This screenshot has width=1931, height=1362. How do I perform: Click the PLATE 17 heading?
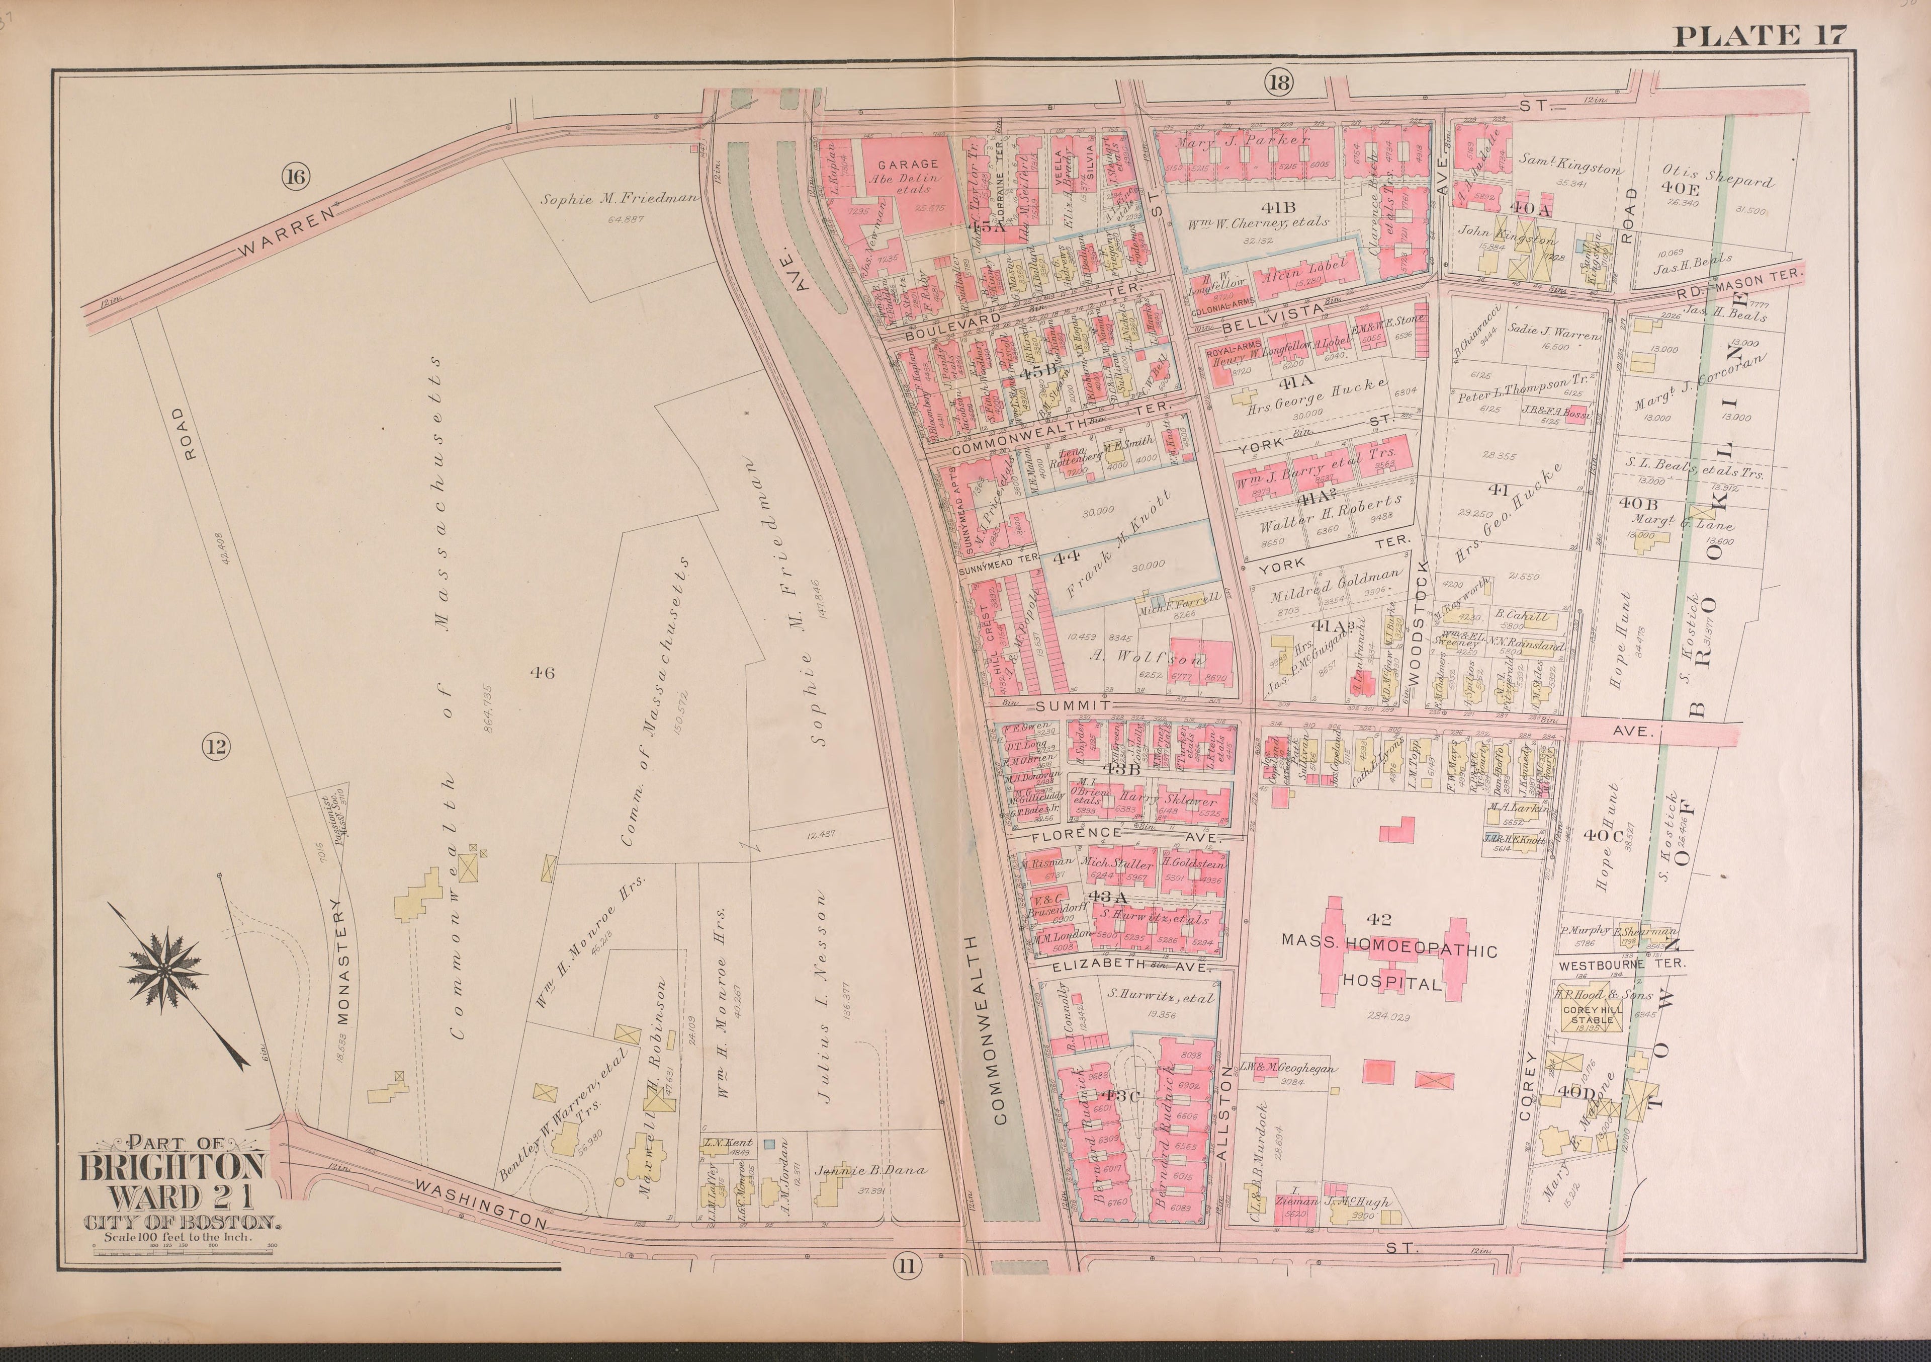tap(1760, 35)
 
